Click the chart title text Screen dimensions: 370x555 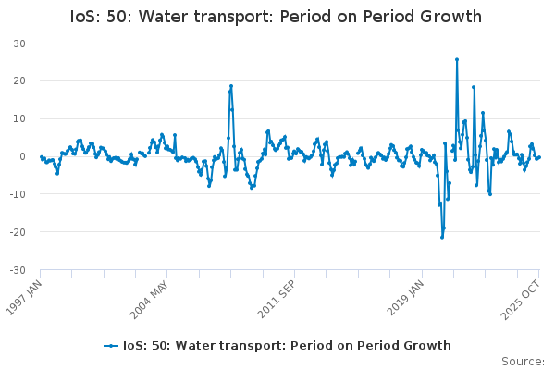tap(276, 17)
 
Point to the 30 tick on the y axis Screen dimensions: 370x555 tap(18, 43)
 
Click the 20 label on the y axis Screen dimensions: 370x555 tap(18, 81)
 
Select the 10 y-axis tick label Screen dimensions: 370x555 tap(18, 119)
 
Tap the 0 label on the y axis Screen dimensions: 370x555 tap(22, 156)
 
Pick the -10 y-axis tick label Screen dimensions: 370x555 tap(17, 194)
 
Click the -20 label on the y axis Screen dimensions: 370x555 tap(17, 232)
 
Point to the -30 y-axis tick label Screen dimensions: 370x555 tap(17, 270)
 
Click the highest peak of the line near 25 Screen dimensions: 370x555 tap(456, 59)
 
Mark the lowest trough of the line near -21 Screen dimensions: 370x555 tap(442, 237)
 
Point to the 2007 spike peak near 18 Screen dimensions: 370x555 tap(231, 86)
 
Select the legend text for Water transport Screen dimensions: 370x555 tap(288, 346)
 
